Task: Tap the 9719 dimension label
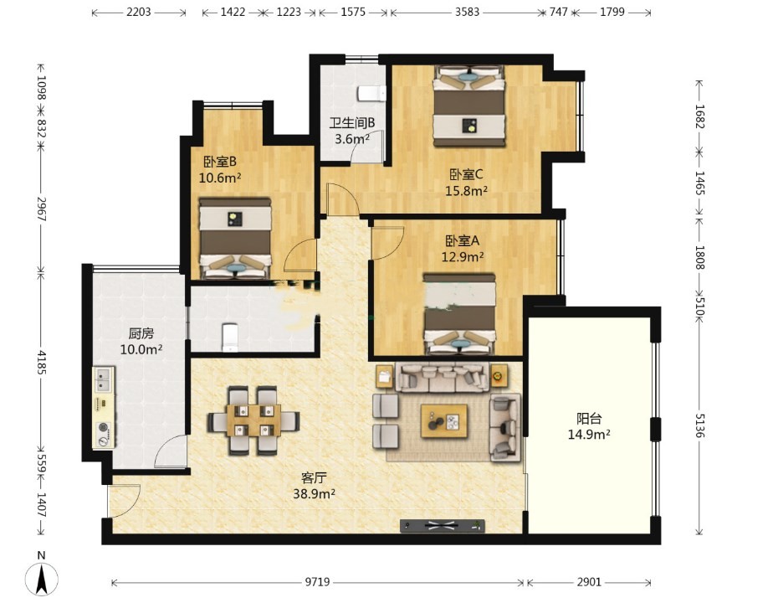pos(317,581)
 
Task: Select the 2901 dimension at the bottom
pos(589,581)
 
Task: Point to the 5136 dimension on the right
pos(699,425)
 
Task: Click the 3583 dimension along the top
pos(468,12)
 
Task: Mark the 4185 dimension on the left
pos(42,363)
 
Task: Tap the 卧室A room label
pos(463,241)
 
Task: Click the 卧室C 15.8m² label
pos(466,183)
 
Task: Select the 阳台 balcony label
pos(589,418)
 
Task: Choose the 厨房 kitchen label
pos(141,333)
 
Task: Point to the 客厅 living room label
pos(314,478)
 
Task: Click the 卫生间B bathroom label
pos(352,122)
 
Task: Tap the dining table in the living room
pos(253,420)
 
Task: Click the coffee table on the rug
pos(444,421)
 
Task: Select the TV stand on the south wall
pos(443,526)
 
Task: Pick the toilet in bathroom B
pos(372,93)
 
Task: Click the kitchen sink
pos(103,380)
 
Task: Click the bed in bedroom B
pos(235,239)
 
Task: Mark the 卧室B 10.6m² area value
pos(220,178)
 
